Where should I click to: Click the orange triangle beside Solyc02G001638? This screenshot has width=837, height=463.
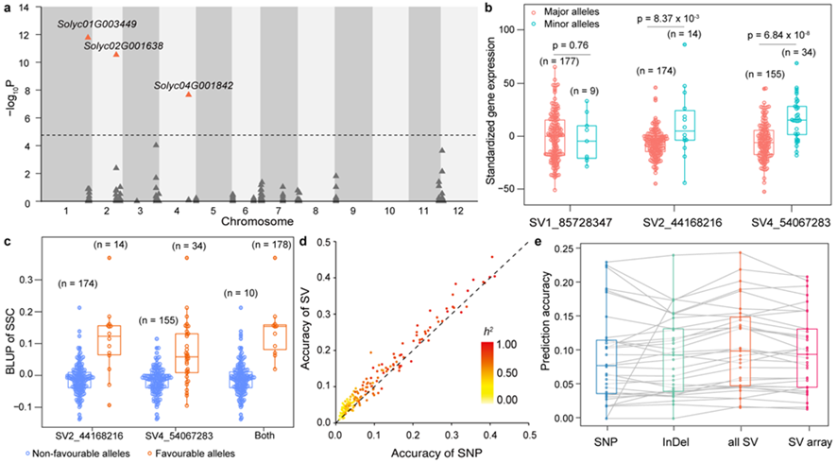116,54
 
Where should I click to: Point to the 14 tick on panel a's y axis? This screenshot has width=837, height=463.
22,7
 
